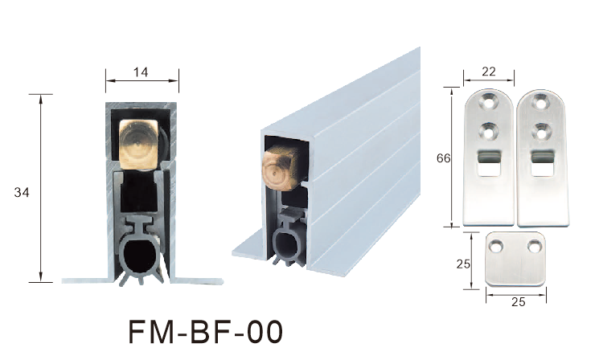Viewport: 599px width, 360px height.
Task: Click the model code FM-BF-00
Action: pos(206,332)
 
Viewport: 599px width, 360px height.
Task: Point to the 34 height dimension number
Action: pos(22,193)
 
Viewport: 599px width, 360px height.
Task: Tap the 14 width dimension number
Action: pos(141,72)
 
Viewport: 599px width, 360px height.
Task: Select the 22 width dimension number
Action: pos(489,72)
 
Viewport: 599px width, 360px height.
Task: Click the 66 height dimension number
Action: pos(444,158)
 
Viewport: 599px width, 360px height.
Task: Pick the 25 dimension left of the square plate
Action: pos(463,264)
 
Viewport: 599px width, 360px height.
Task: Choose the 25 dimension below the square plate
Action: pos(519,302)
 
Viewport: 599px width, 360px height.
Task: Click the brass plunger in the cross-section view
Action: pos(139,145)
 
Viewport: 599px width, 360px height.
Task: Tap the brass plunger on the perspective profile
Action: pos(280,168)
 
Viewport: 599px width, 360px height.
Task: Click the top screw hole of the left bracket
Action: pos(488,102)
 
